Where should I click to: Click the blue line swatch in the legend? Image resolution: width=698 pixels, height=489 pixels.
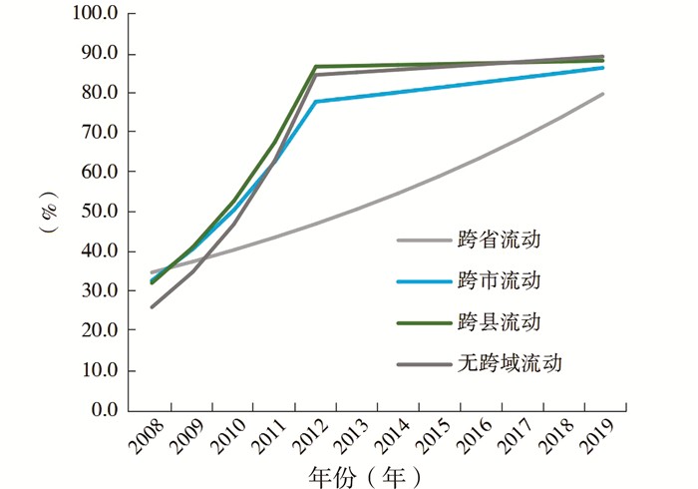tap(425, 281)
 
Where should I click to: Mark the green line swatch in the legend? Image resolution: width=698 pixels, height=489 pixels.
tap(425, 323)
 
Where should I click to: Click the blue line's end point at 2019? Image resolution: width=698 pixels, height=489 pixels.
tap(603, 67)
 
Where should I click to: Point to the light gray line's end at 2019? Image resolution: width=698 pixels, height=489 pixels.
tap(603, 94)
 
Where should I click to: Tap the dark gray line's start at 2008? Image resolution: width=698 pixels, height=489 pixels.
tap(152, 306)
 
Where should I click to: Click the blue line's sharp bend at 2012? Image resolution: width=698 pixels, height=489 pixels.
tap(315, 102)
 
